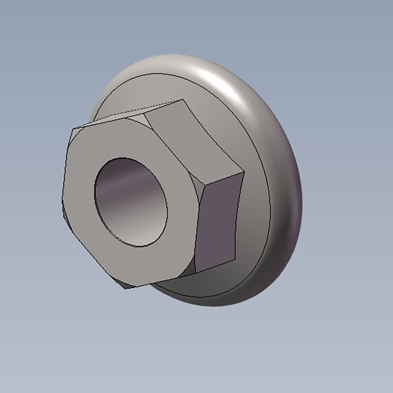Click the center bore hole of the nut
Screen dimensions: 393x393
click(131, 202)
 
